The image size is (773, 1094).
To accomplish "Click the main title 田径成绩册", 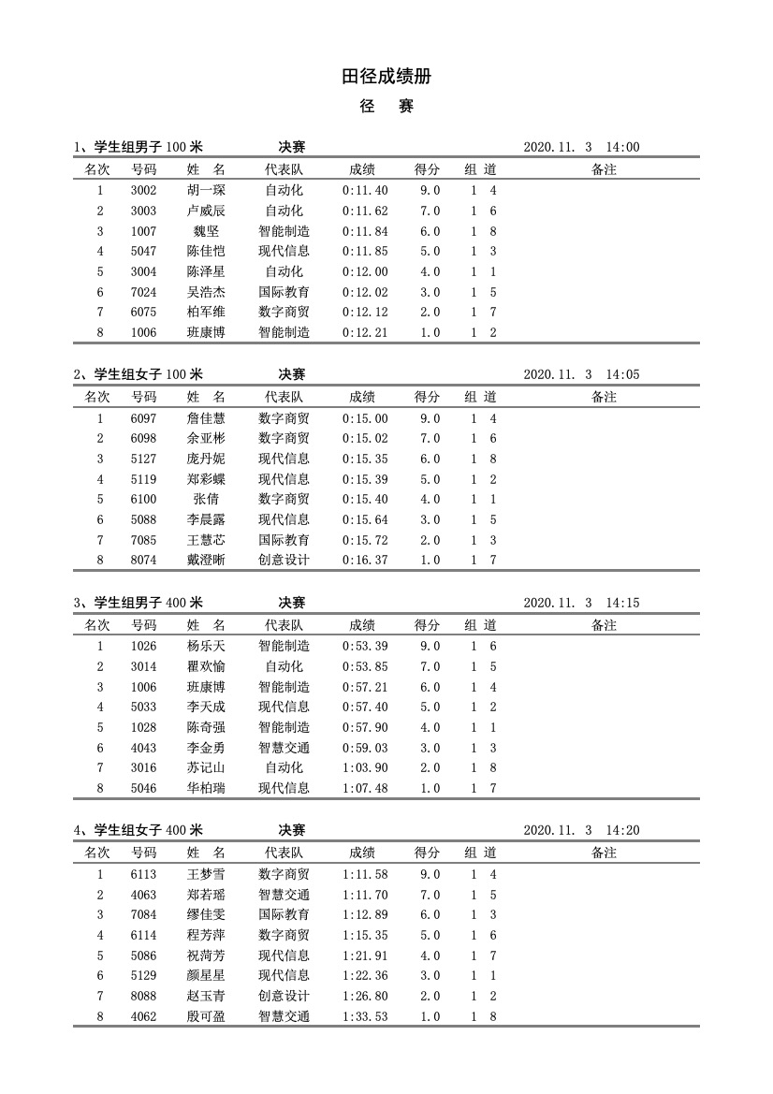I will [x=386, y=77].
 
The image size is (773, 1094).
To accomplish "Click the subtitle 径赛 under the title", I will [x=386, y=107].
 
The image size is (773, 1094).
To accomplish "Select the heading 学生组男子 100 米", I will [x=149, y=147].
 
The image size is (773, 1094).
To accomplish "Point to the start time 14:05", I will [x=622, y=374].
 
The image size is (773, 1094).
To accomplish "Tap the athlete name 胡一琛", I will [x=206, y=191].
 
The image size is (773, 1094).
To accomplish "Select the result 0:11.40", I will [x=365, y=191].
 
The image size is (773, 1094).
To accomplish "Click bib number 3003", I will [x=143, y=212].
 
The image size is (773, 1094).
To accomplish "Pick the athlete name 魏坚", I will [x=206, y=231].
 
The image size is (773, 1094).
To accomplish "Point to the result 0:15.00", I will [x=365, y=418].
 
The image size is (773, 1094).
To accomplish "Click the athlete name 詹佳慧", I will [x=206, y=418].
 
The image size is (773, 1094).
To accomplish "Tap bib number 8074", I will [x=143, y=561].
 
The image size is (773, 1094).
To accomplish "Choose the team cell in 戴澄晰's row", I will [x=284, y=561].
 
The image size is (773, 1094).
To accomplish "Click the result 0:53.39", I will [x=365, y=647].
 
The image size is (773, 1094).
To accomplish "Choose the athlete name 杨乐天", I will [x=206, y=647].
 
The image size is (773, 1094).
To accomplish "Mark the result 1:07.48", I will [x=365, y=789].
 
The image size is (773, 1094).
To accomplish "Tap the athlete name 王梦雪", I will [x=206, y=874].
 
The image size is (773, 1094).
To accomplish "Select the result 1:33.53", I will [x=365, y=1016].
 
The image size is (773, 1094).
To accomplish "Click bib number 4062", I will [x=143, y=1016].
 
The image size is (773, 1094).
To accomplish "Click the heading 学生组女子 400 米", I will [x=149, y=830].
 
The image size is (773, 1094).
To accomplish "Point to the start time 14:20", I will [x=622, y=830].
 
